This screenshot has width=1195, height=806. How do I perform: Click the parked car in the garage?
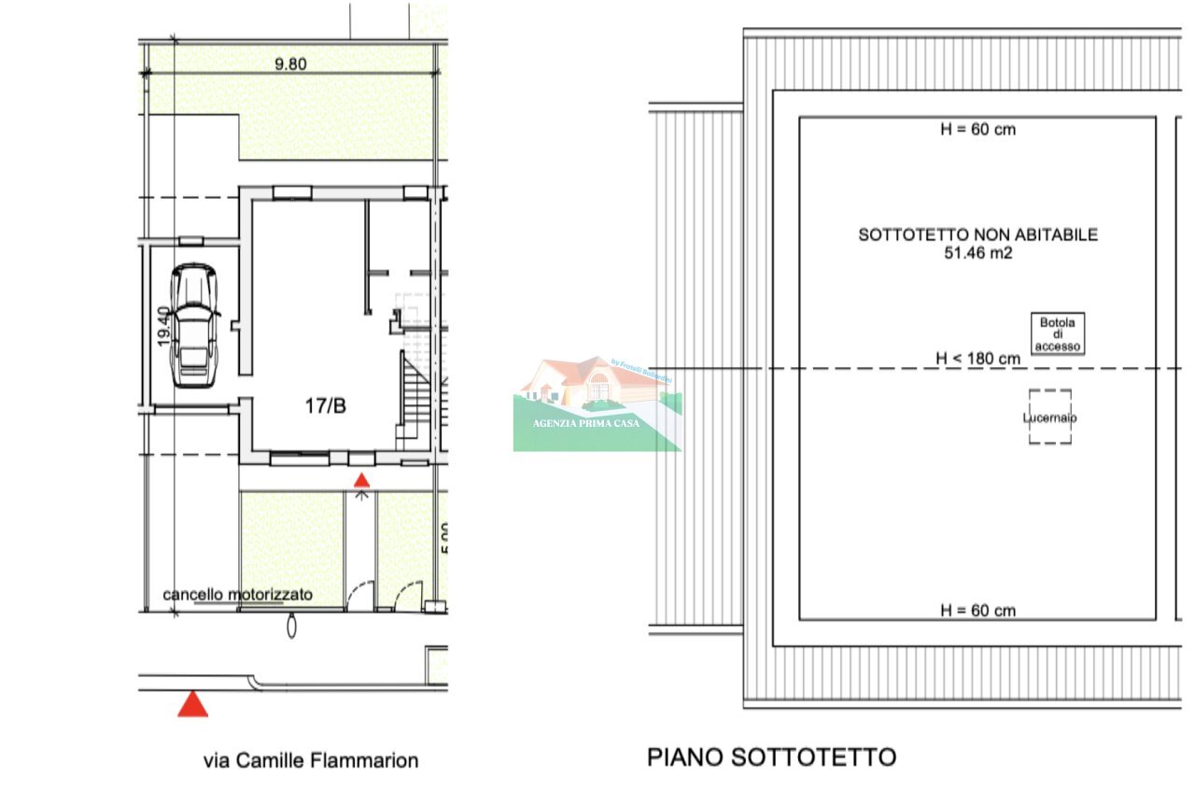click(195, 324)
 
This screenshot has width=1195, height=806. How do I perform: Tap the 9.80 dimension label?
click(290, 64)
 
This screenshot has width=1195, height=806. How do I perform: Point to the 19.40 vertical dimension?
click(164, 327)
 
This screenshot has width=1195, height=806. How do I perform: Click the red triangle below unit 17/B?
click(361, 480)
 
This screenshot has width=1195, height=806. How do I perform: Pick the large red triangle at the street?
click(193, 703)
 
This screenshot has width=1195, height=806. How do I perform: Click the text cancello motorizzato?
click(237, 594)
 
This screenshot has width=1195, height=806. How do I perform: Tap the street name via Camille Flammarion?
click(311, 760)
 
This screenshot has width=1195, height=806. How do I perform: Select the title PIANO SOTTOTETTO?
click(771, 757)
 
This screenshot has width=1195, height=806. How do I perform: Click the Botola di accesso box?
click(1058, 334)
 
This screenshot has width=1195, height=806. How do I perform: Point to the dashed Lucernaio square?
click(1049, 417)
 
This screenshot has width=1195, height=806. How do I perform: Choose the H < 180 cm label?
click(977, 358)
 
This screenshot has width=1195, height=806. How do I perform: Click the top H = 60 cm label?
click(977, 130)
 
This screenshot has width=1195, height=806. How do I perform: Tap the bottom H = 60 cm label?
click(977, 611)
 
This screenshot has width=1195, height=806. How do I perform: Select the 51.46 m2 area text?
click(977, 252)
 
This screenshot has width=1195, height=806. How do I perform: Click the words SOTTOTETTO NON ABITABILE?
click(977, 234)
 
